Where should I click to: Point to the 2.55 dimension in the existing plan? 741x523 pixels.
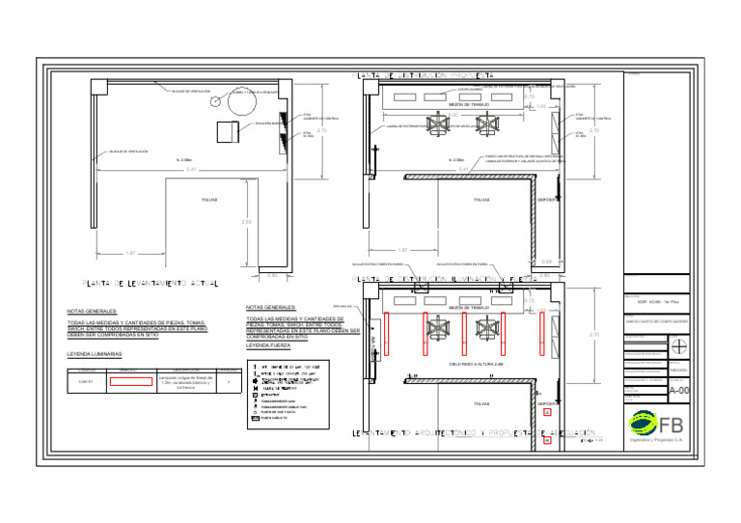[x=246, y=222]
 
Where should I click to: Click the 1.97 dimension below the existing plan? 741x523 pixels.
[x=130, y=254]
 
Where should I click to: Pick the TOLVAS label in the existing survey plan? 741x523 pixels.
[x=208, y=200]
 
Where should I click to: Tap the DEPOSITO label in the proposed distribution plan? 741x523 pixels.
[x=548, y=200]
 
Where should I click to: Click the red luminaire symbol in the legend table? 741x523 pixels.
[x=131, y=382]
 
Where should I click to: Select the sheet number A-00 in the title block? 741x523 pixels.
[x=679, y=391]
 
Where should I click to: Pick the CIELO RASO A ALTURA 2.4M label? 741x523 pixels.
[x=477, y=365]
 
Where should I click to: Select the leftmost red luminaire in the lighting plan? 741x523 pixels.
[x=386, y=329]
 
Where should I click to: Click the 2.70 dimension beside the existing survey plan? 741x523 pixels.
[x=322, y=130]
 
